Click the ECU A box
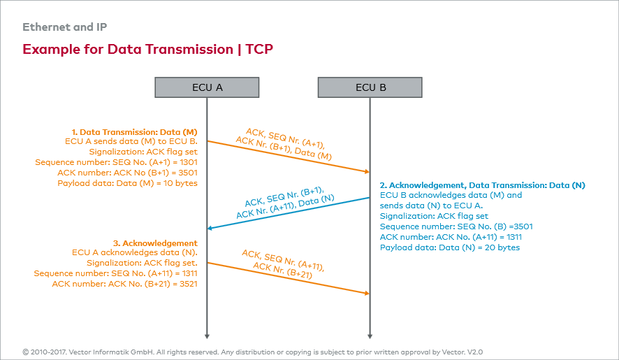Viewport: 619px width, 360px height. tap(207, 87)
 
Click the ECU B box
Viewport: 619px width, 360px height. tap(370, 87)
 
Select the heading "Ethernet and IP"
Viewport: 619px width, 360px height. tap(64, 28)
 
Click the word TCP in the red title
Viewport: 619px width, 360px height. tap(259, 50)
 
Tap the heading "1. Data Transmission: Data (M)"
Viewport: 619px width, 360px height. tap(134, 131)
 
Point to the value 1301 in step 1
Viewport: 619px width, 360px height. tap(186, 162)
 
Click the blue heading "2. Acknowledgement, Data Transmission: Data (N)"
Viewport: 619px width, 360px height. tap(482, 185)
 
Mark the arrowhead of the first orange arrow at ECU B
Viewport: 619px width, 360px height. tap(366, 171)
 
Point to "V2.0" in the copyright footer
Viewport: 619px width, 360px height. tap(475, 352)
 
